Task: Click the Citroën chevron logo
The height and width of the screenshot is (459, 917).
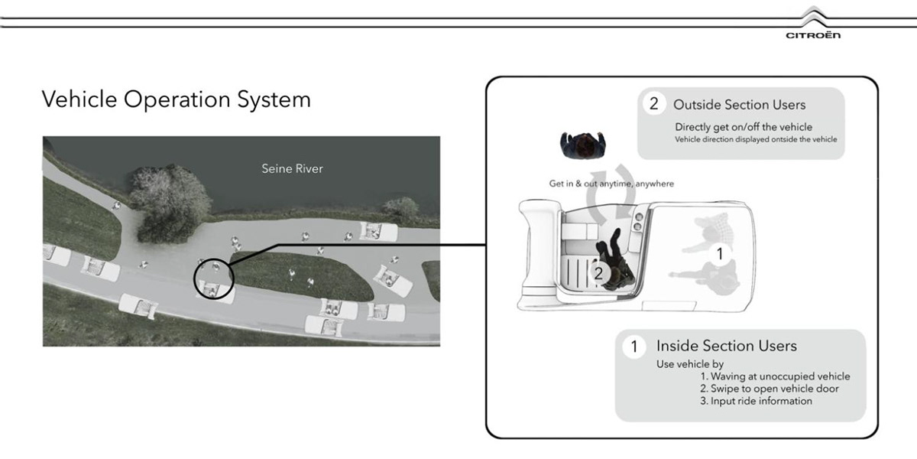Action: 813,19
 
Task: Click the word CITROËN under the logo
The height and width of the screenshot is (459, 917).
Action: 813,36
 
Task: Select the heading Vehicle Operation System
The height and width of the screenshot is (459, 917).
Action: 176,99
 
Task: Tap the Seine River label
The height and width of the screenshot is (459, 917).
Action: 292,168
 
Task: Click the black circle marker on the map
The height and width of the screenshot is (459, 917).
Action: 214,277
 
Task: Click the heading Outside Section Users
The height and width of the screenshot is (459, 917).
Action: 739,104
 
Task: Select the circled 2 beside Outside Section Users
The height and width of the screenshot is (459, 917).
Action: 653,104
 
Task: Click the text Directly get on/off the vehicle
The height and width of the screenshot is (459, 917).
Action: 743,126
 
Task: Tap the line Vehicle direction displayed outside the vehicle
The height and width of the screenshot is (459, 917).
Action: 756,139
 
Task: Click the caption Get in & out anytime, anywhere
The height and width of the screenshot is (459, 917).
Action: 611,184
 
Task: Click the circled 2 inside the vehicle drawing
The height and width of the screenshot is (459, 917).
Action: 600,272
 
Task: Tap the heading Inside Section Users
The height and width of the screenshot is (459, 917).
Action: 726,346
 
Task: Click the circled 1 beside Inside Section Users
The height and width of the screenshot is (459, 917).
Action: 633,347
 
